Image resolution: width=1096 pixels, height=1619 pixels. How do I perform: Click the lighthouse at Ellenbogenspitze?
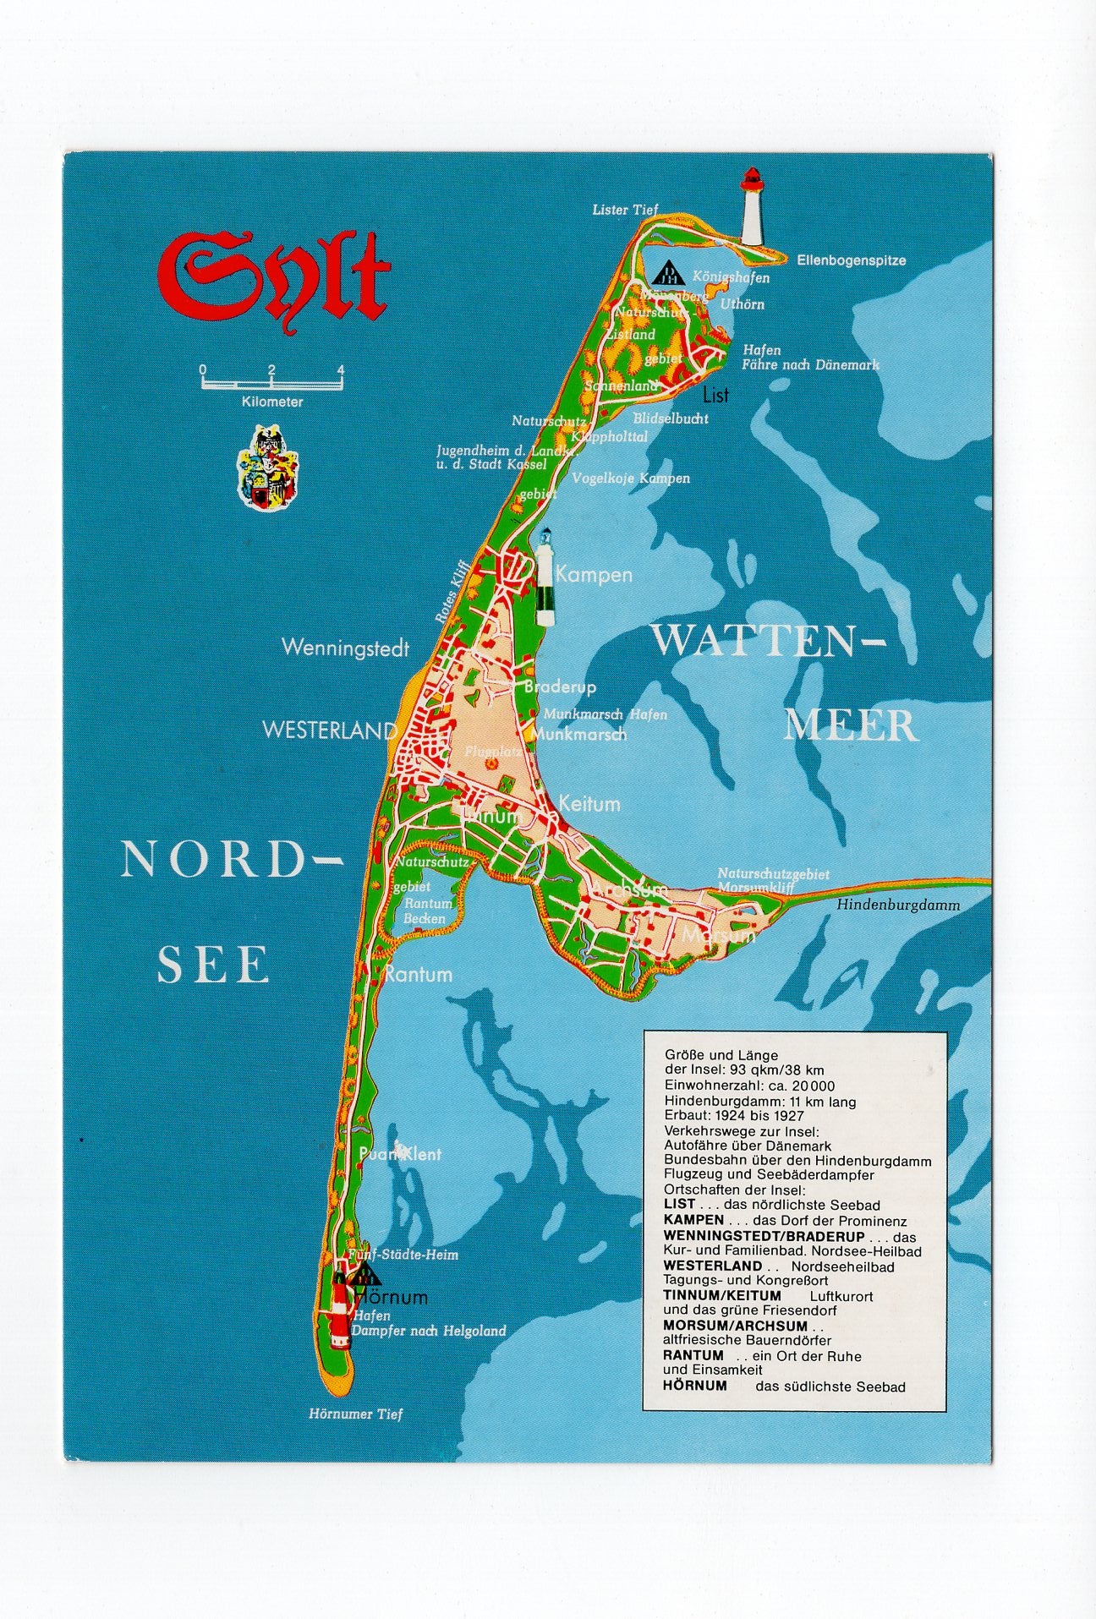[751, 207]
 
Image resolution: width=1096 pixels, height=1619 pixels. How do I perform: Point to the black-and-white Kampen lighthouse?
[546, 578]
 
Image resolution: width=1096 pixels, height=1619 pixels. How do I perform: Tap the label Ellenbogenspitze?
[851, 260]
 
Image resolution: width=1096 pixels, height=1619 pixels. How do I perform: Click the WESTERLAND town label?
[328, 730]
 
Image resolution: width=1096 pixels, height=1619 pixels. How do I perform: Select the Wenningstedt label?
[345, 648]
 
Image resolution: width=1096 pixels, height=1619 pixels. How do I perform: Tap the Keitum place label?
[589, 803]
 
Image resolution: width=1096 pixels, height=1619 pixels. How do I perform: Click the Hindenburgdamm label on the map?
[898, 905]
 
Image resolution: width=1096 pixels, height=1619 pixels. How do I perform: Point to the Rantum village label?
[419, 975]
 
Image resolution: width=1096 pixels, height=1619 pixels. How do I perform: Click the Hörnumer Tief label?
[355, 1414]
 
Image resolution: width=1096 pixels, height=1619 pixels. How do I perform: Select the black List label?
[715, 395]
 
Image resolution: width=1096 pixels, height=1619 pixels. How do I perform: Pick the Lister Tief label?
[624, 210]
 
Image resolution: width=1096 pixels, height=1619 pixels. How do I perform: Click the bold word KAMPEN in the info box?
[693, 1220]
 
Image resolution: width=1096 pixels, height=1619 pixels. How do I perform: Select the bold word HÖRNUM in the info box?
[694, 1386]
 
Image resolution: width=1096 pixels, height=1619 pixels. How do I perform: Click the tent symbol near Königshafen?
[668, 273]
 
